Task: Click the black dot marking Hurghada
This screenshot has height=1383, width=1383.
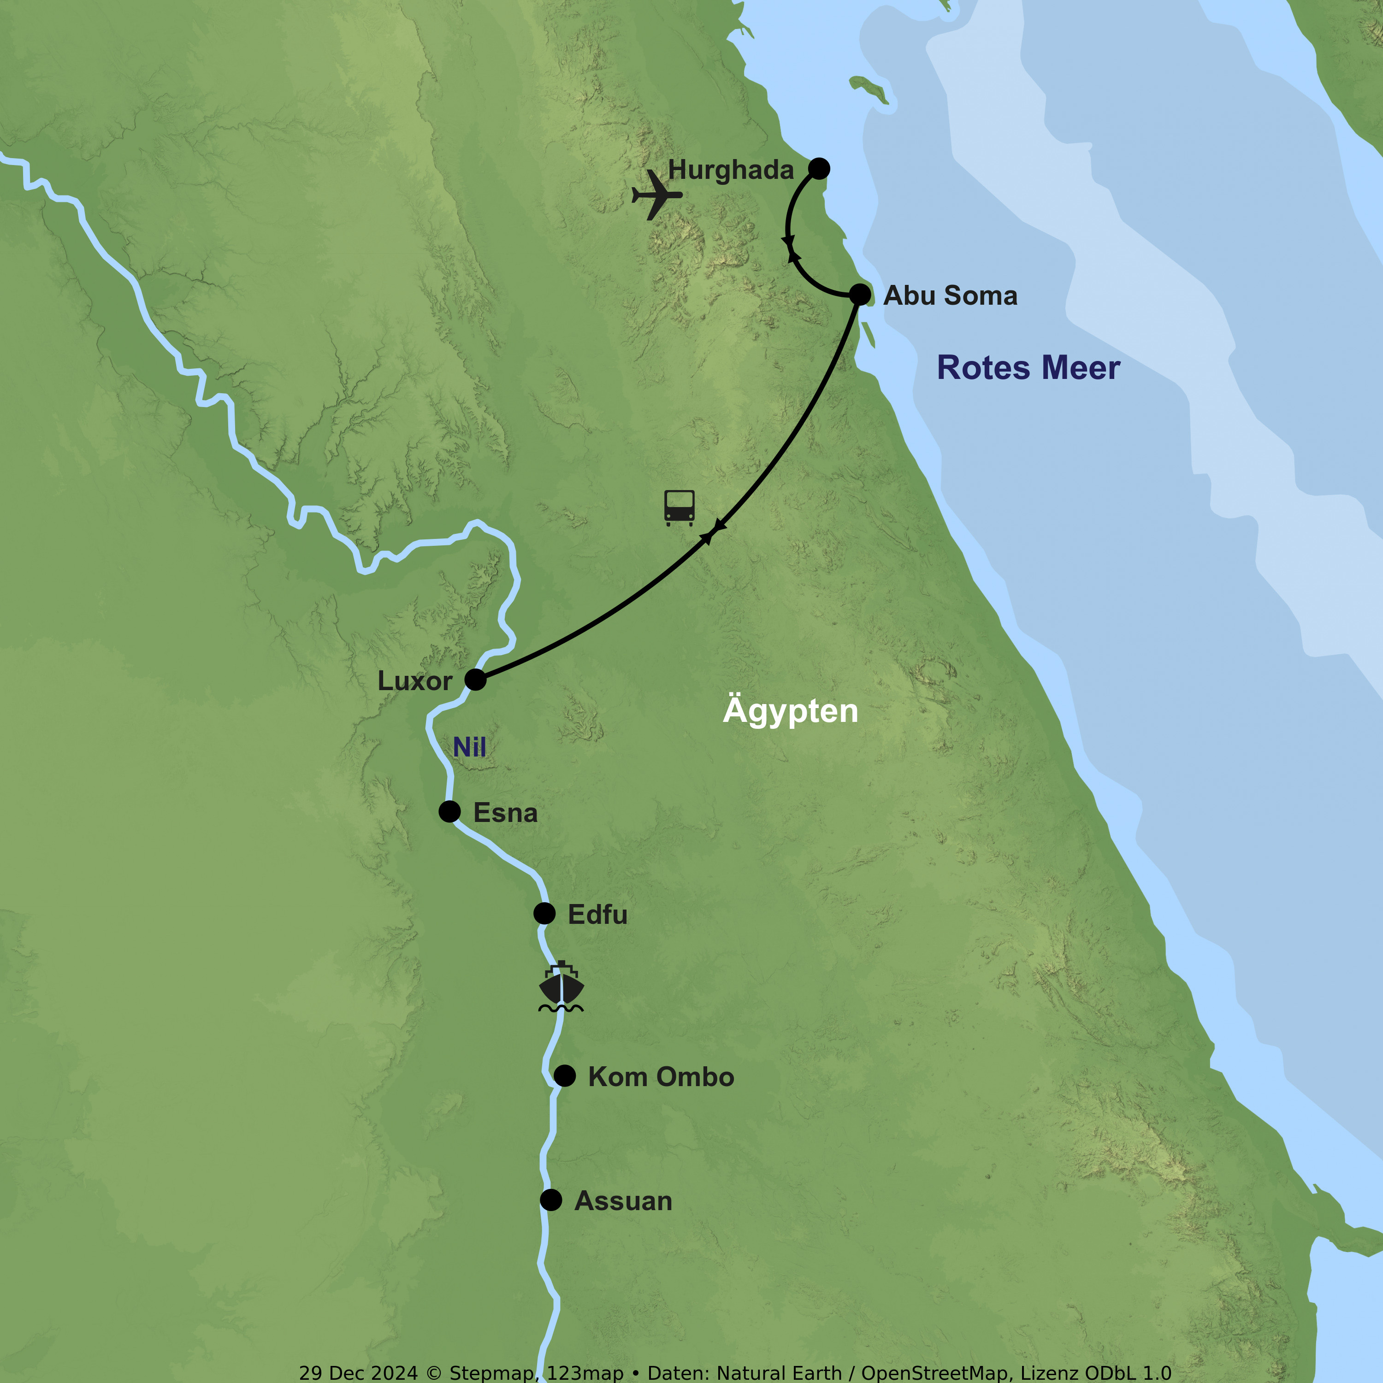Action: (x=819, y=168)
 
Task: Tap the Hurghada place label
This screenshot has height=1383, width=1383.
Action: (x=730, y=170)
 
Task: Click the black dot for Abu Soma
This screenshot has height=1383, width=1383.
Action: (x=860, y=294)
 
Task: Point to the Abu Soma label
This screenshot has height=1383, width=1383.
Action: (x=950, y=296)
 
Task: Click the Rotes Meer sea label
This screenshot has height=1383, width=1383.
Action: (x=1028, y=368)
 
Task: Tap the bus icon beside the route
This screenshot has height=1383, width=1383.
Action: (x=679, y=508)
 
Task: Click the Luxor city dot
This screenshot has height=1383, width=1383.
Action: (x=475, y=680)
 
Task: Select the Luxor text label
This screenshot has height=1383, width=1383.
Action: (x=414, y=681)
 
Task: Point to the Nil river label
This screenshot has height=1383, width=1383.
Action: (x=470, y=747)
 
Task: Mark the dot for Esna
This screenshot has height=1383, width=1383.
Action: (x=449, y=811)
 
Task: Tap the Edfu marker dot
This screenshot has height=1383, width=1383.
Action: (x=544, y=913)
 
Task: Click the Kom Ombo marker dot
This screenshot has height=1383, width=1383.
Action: (x=564, y=1075)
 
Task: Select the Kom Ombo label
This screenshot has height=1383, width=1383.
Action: (x=661, y=1076)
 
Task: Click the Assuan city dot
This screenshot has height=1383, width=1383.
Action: (x=550, y=1200)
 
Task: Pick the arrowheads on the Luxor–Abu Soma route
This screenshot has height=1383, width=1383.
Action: (x=713, y=531)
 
